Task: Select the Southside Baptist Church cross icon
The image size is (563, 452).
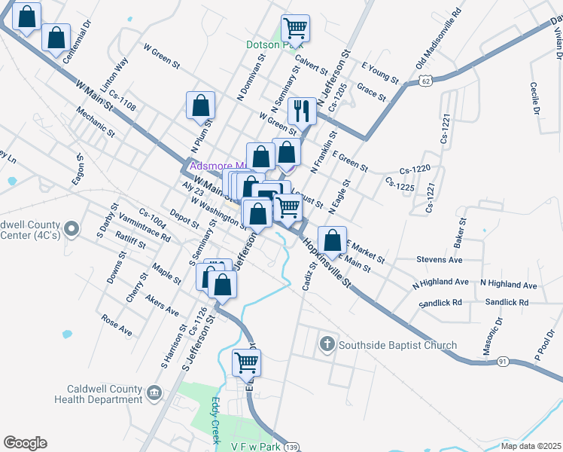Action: pos(327,345)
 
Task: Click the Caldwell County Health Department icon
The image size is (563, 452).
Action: pos(154,392)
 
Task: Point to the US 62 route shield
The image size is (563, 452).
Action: pos(426,80)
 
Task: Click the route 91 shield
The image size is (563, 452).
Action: pos(502,362)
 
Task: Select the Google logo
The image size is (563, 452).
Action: pos(25,443)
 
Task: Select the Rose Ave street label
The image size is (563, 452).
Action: pos(117,325)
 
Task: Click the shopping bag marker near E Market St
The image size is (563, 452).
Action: pos(331,241)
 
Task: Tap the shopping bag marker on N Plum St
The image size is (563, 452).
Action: pos(200,106)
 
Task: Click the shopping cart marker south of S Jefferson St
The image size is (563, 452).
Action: pos(246,364)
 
